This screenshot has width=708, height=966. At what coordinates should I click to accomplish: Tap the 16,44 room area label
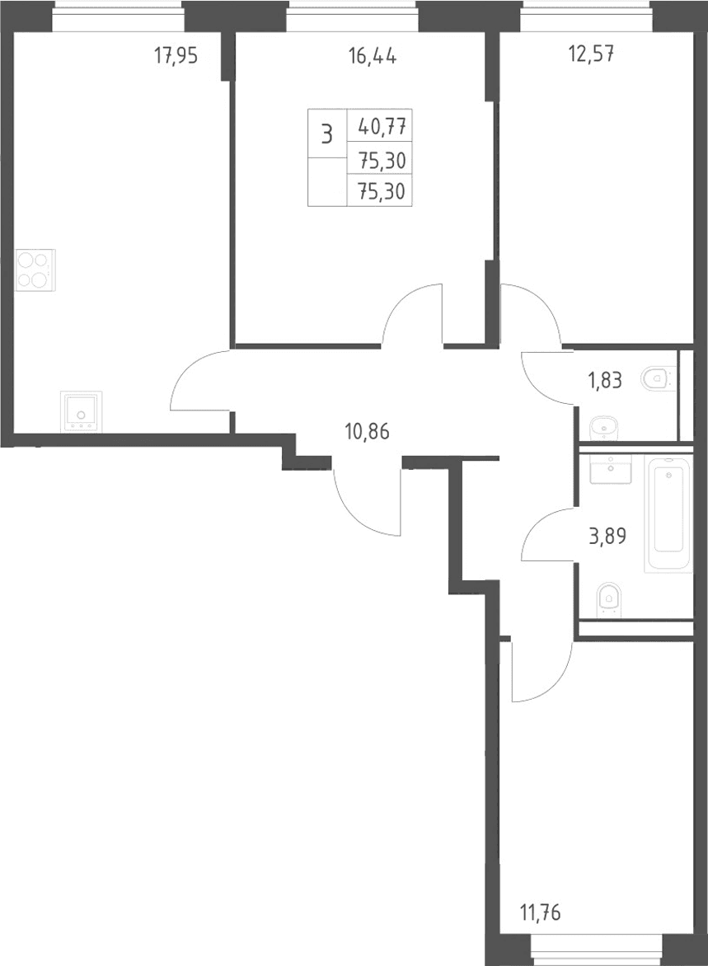[x=373, y=57]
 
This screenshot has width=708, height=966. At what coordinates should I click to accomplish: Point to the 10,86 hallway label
[x=368, y=433]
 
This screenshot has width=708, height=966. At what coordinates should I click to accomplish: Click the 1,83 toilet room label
[x=605, y=380]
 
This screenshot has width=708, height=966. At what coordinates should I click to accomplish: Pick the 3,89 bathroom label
[x=607, y=536]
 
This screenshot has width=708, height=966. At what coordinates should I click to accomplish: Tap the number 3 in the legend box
[x=326, y=134]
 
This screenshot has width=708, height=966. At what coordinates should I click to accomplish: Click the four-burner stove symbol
[x=35, y=270]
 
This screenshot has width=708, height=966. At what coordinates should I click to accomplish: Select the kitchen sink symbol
[x=82, y=411]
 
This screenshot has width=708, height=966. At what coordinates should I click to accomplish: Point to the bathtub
[x=668, y=513]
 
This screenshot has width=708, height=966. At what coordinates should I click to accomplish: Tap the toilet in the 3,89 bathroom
[x=610, y=599]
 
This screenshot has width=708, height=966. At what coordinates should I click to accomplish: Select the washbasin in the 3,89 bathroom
[x=610, y=470]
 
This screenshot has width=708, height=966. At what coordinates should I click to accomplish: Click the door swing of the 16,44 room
[x=412, y=313]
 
